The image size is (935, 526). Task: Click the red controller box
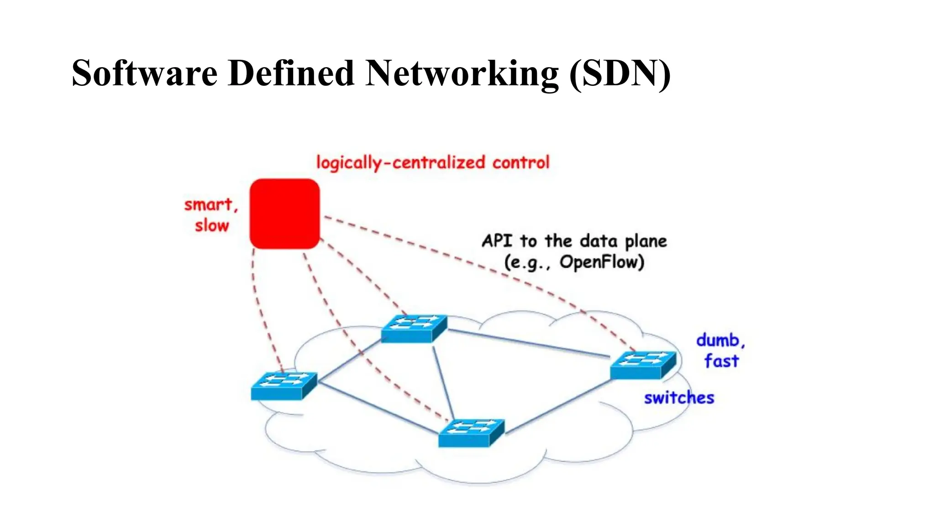(x=284, y=213)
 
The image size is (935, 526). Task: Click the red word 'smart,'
(x=211, y=205)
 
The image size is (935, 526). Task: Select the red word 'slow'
(x=211, y=226)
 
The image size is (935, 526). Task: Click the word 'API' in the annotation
(x=497, y=241)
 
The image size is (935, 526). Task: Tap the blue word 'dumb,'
(x=720, y=340)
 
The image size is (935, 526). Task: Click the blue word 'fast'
(x=721, y=361)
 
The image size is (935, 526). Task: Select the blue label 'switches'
(x=679, y=398)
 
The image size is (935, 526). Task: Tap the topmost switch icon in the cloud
(x=414, y=328)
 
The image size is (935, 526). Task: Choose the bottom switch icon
(x=471, y=432)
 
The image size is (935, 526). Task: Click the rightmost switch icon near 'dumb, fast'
(x=642, y=365)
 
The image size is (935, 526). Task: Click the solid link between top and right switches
(x=530, y=343)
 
